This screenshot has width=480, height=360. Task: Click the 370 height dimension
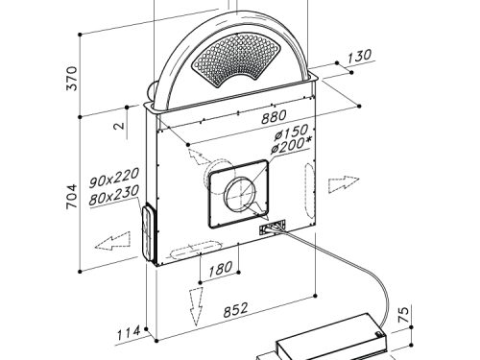pyautogui.click(x=72, y=79)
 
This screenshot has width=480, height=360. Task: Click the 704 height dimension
pyautogui.click(x=72, y=197)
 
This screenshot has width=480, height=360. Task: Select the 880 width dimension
pyautogui.click(x=274, y=116)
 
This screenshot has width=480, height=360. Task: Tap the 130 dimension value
pyautogui.click(x=359, y=57)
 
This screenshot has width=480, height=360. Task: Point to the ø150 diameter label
pyautogui.click(x=291, y=132)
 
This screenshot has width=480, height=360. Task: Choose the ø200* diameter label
pyautogui.click(x=291, y=145)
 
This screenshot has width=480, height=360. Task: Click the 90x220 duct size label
pyautogui.click(x=114, y=178)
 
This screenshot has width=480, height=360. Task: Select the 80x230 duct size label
pyautogui.click(x=114, y=195)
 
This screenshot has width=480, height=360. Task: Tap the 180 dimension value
pyautogui.click(x=221, y=269)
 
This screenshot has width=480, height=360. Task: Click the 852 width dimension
pyautogui.click(x=235, y=310)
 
